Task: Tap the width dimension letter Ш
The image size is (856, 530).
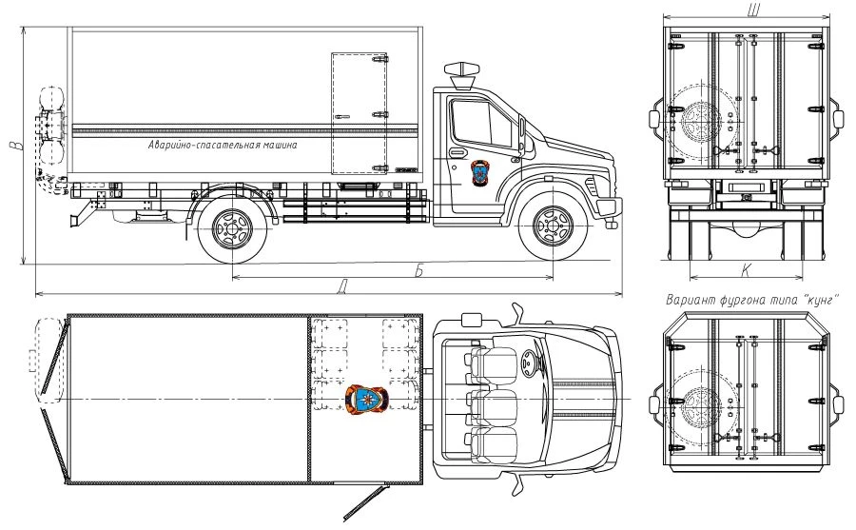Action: pyautogui.click(x=753, y=9)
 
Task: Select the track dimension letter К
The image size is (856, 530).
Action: pyautogui.click(x=746, y=271)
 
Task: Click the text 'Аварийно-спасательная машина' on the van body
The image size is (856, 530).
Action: pyautogui.click(x=223, y=146)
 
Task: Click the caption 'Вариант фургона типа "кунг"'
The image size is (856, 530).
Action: pyautogui.click(x=751, y=300)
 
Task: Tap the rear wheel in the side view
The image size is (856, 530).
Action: pyautogui.click(x=230, y=227)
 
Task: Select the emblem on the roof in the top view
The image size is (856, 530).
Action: pyautogui.click(x=366, y=399)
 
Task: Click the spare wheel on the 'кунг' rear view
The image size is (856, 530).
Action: pyautogui.click(x=702, y=404)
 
